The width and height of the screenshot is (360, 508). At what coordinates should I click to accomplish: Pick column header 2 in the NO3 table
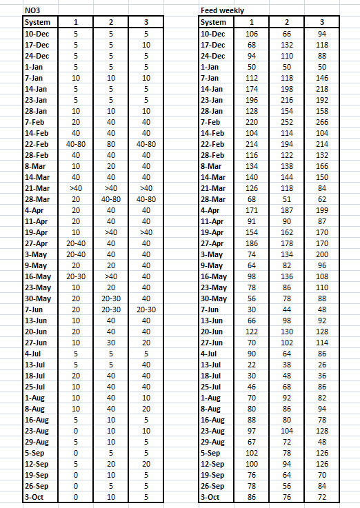pyautogui.click(x=111, y=22)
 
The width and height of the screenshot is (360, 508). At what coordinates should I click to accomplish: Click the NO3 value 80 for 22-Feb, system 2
pyautogui.click(x=111, y=144)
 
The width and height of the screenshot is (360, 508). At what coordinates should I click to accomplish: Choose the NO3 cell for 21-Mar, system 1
pyautogui.click(x=76, y=188)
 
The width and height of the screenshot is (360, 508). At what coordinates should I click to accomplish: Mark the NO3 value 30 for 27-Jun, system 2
pyautogui.click(x=111, y=343)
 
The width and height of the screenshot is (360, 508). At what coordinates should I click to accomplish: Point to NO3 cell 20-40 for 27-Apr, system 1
pyautogui.click(x=76, y=244)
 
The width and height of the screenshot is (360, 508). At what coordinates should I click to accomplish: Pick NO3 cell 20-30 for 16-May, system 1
pyautogui.click(x=76, y=277)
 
